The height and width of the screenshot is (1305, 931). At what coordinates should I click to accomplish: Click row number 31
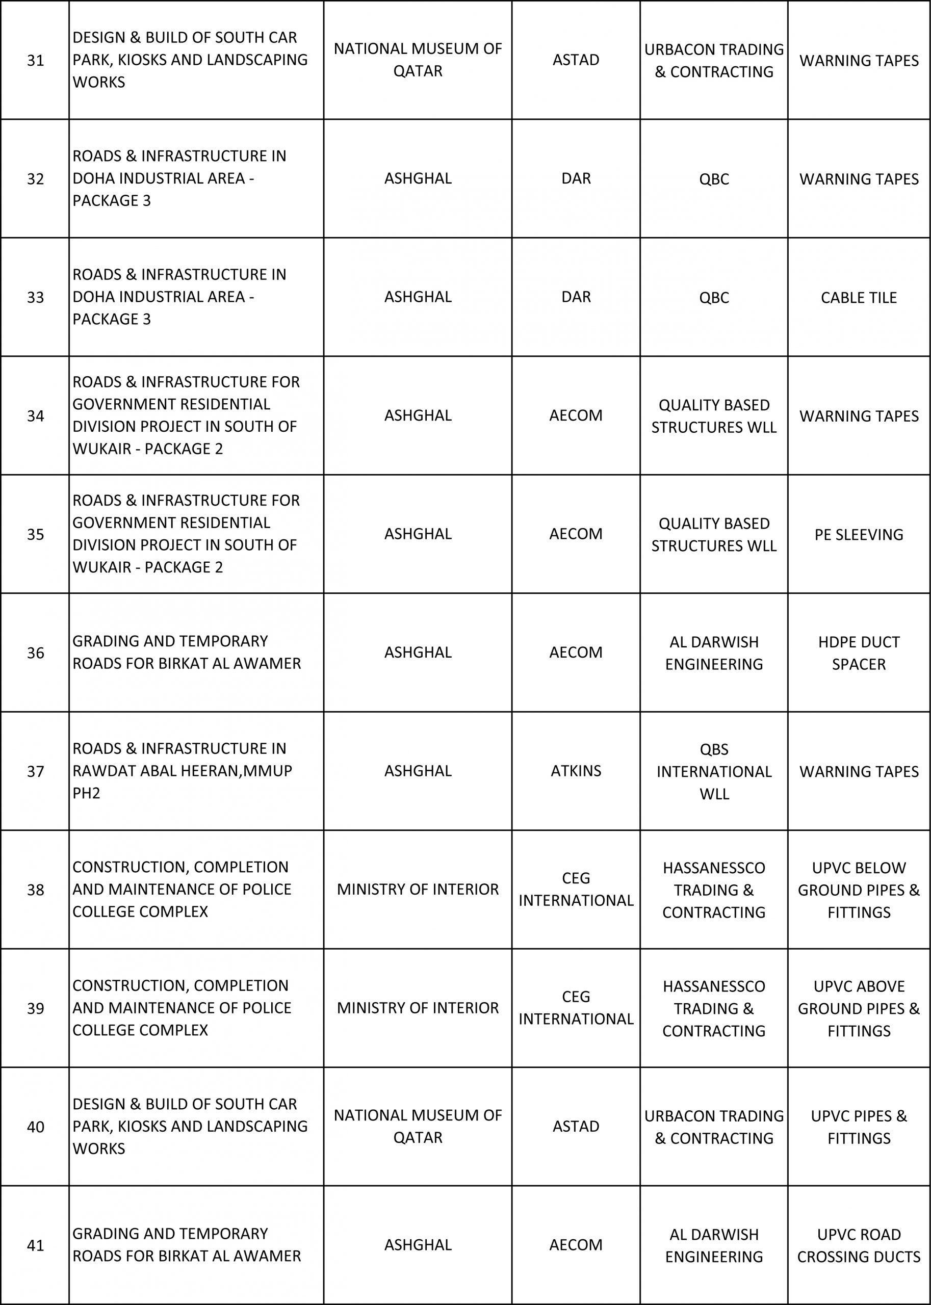pyautogui.click(x=36, y=60)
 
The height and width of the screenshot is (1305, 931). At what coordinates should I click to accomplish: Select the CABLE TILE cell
pyautogui.click(x=858, y=298)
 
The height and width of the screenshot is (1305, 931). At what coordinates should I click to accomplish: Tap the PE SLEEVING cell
pyautogui.click(x=858, y=534)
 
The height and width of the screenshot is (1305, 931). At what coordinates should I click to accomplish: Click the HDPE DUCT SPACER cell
pyautogui.click(x=858, y=653)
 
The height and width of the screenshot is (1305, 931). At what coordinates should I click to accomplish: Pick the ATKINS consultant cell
pyautogui.click(x=576, y=771)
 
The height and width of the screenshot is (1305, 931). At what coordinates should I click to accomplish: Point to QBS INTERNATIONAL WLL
pyautogui.click(x=714, y=771)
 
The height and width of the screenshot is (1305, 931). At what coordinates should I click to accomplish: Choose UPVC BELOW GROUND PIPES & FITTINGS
pyautogui.click(x=858, y=890)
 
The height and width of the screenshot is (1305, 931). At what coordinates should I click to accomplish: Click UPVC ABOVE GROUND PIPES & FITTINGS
pyautogui.click(x=858, y=1008)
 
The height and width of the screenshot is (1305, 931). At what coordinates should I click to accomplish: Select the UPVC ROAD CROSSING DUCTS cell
pyautogui.click(x=858, y=1245)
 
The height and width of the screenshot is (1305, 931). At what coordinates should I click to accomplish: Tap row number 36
pyautogui.click(x=36, y=653)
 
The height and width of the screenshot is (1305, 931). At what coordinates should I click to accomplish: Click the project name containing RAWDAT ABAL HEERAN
pyautogui.click(x=183, y=771)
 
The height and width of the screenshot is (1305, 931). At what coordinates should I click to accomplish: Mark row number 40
pyautogui.click(x=36, y=1127)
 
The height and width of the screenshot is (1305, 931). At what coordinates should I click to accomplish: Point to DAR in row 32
pyautogui.click(x=576, y=178)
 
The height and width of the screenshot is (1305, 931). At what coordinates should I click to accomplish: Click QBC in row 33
pyautogui.click(x=714, y=298)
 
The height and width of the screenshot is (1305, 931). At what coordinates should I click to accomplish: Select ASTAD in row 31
pyautogui.click(x=576, y=60)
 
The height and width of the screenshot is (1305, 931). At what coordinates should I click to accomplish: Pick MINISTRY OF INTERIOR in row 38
pyautogui.click(x=418, y=890)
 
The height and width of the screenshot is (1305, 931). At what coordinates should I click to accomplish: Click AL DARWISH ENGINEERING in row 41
pyautogui.click(x=714, y=1245)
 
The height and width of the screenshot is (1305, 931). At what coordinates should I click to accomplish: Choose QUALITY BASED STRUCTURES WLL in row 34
pyautogui.click(x=714, y=416)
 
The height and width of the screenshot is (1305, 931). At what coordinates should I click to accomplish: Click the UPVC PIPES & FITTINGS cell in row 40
pyautogui.click(x=858, y=1127)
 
